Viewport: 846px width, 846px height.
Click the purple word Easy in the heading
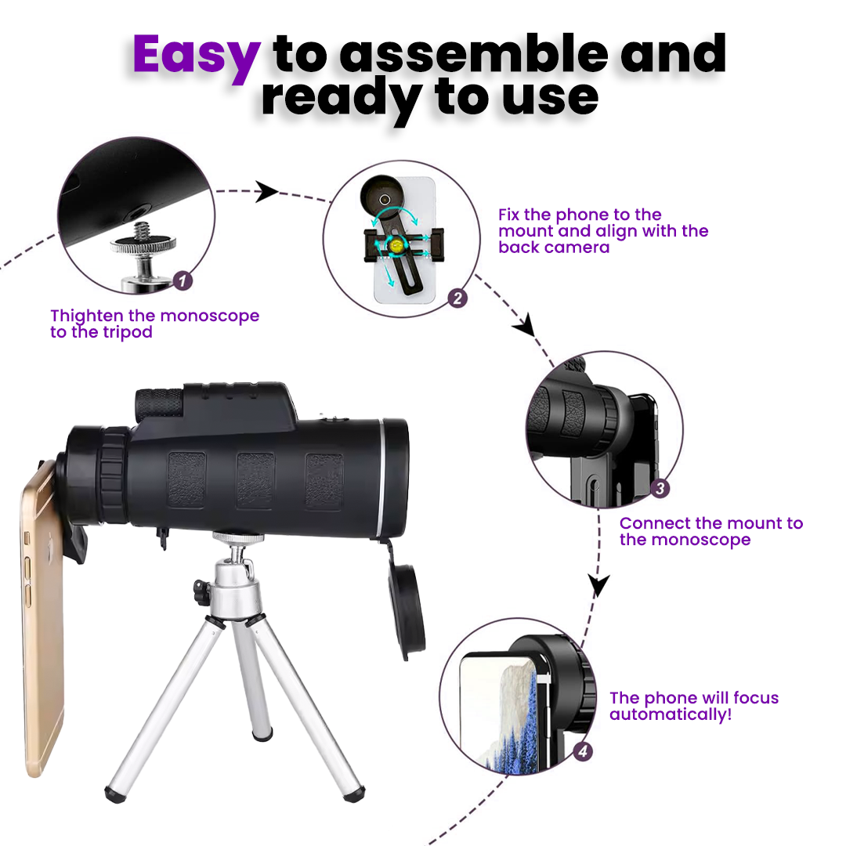[x=197, y=56]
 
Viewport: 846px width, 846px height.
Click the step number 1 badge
[x=183, y=280]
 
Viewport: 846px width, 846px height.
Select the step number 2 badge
[x=457, y=298]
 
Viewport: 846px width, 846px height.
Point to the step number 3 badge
[x=660, y=489]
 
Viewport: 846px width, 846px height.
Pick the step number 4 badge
[x=583, y=751]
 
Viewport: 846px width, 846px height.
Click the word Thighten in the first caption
[x=87, y=316]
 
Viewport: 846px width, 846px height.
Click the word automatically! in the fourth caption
[x=671, y=715]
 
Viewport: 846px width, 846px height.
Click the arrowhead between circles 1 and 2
[x=266, y=191]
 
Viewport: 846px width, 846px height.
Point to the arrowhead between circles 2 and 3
[x=524, y=325]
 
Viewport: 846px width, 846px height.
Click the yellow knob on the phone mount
[x=396, y=245]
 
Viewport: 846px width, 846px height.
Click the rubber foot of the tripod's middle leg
[x=262, y=735]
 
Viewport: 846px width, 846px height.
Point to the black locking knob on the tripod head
[x=201, y=591]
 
